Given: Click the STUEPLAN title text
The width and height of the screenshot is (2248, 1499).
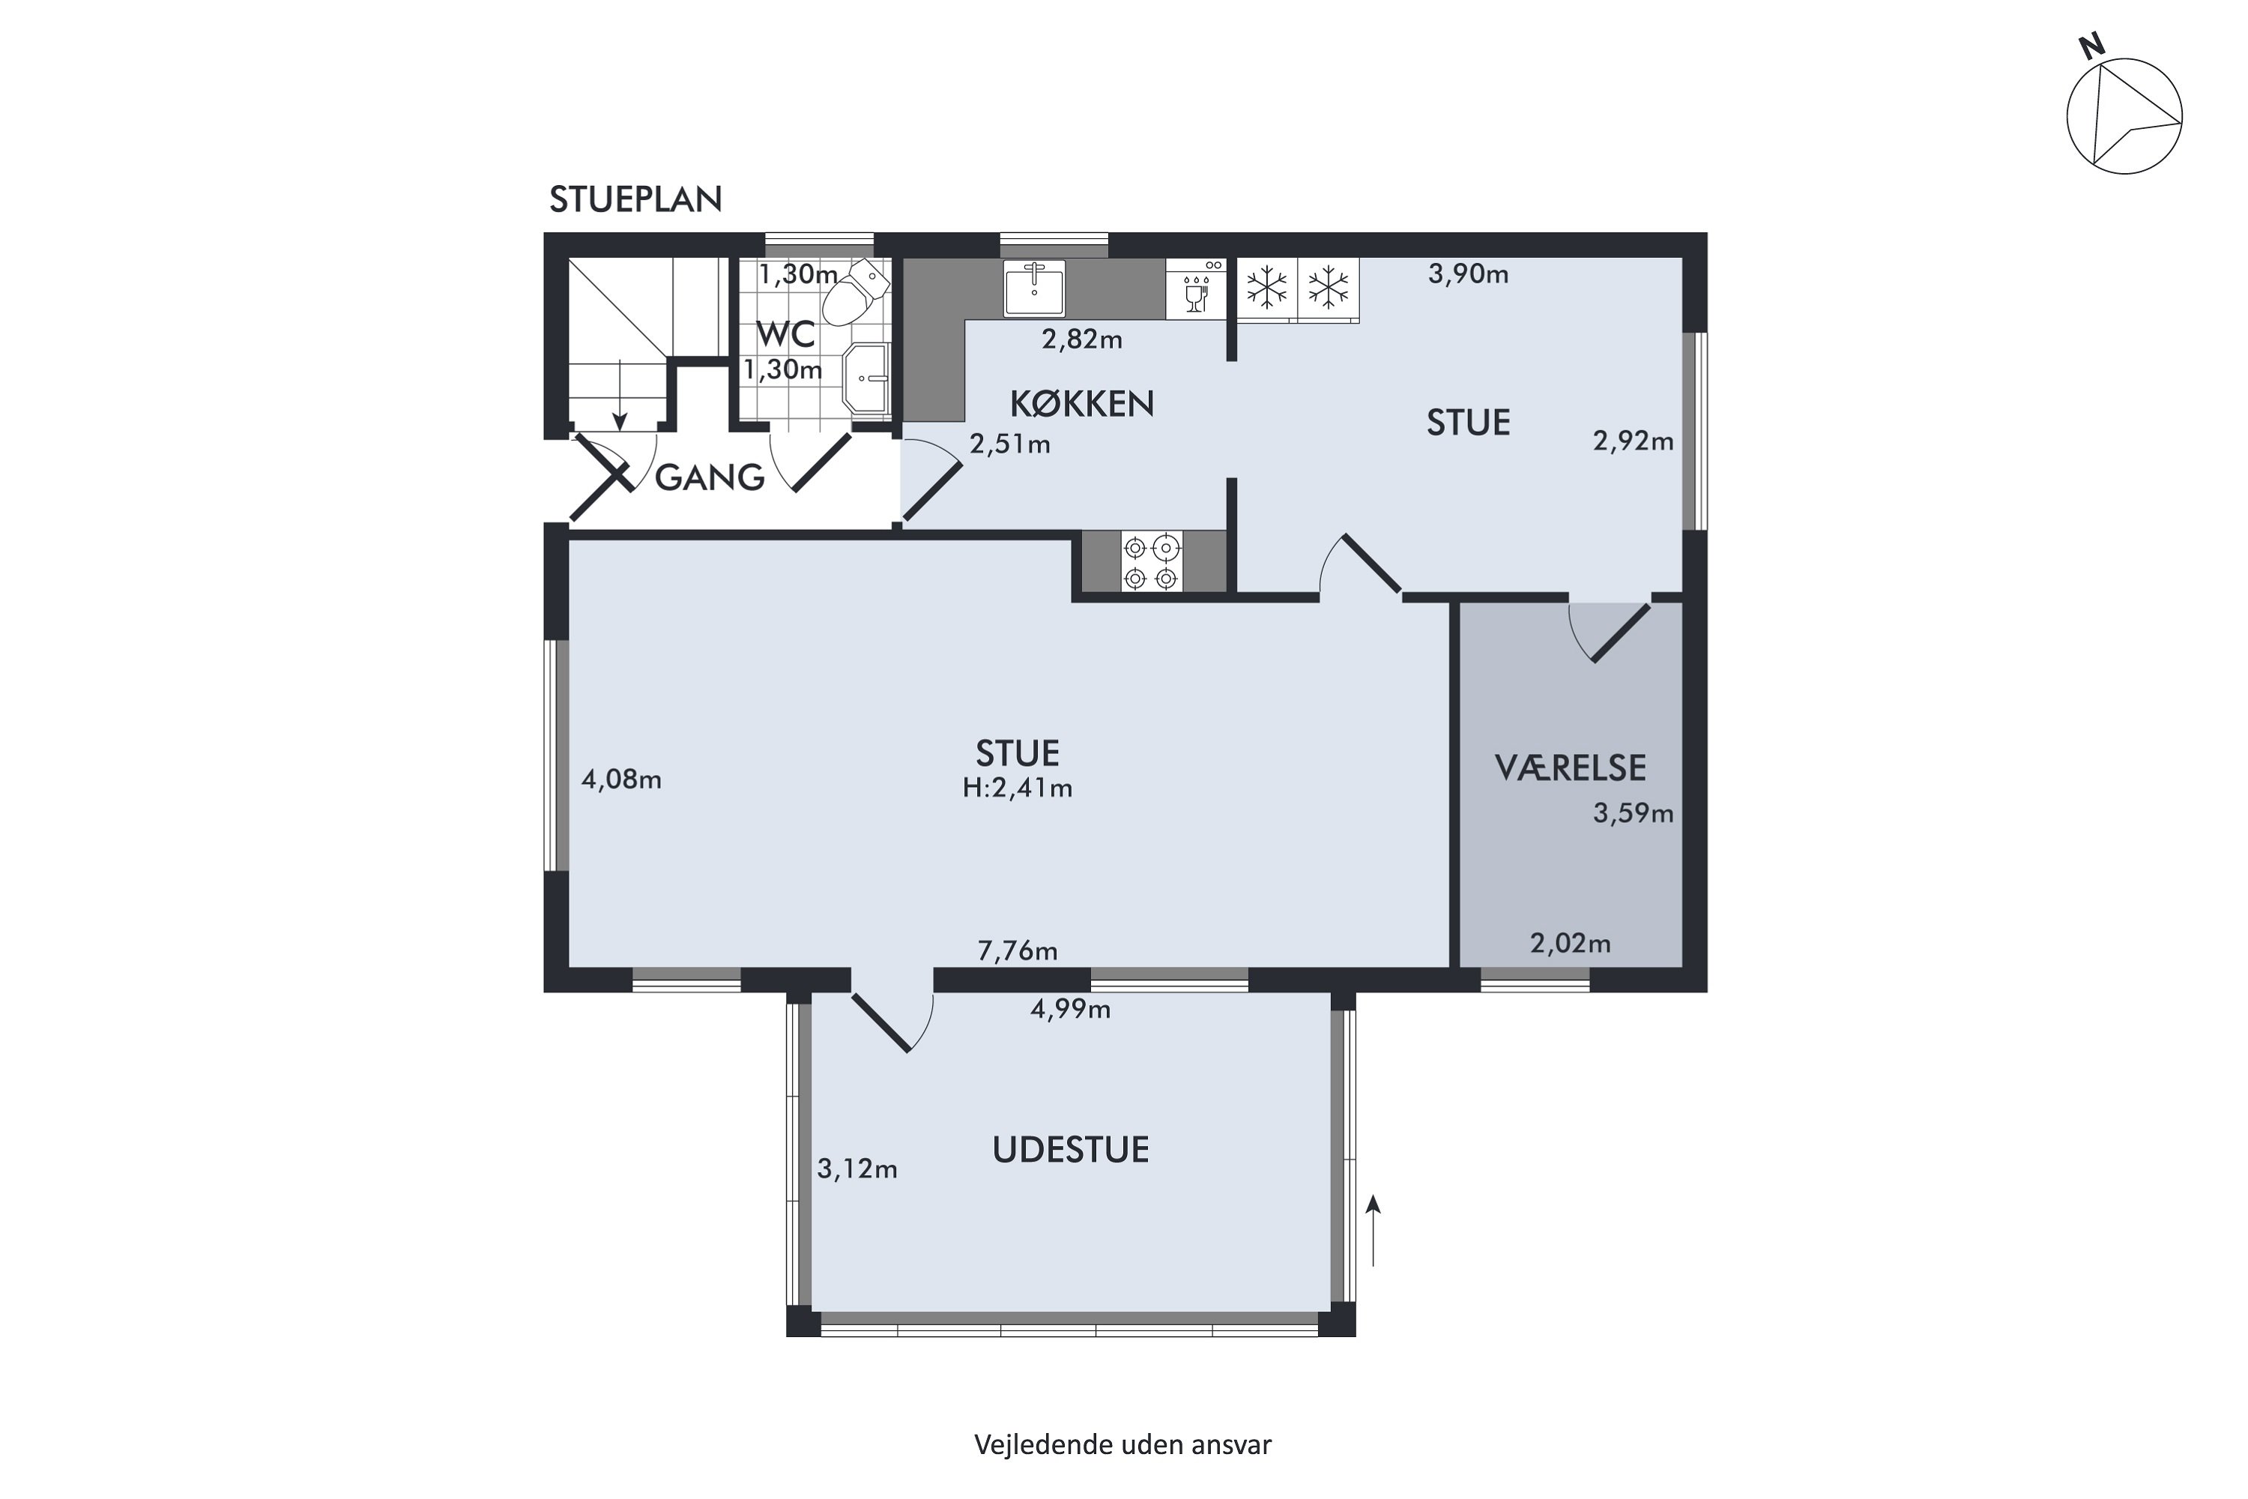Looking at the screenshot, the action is coord(635,199).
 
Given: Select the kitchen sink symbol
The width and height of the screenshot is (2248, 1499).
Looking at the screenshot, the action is coord(1033,288).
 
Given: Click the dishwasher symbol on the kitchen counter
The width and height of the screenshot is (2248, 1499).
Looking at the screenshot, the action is coord(1196,288).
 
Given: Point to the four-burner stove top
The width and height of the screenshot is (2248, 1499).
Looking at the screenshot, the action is coord(1151,562).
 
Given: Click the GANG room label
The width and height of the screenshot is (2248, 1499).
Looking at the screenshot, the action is coord(709,476).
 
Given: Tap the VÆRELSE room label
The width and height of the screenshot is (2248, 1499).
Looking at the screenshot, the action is coord(1571,767).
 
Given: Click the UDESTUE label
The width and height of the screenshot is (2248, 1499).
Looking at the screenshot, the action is coord(1071,1149).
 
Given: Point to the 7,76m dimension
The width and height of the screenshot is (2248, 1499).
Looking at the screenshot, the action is coord(1017,950).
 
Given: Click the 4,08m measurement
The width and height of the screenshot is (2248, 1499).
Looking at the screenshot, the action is coord(621,779).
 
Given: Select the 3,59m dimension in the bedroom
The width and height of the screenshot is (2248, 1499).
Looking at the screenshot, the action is coord(1633,812).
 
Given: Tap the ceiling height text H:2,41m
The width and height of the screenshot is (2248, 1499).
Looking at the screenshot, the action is coord(1017,788).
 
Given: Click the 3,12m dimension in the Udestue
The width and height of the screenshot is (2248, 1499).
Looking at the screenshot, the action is coord(856,1168).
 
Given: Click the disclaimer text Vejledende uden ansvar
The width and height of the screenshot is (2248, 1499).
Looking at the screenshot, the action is coord(1123,1444).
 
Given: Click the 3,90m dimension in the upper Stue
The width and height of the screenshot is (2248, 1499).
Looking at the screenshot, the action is coord(1468,274).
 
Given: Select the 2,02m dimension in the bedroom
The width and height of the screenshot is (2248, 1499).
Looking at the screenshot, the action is coord(1571,944).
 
